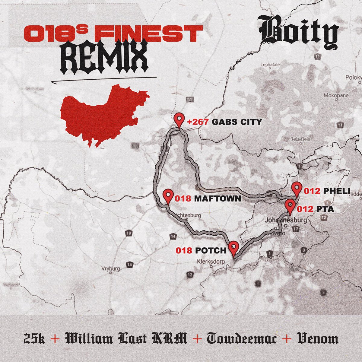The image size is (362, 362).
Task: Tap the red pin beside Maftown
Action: click(168, 196)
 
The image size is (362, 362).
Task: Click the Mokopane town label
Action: click(336, 95)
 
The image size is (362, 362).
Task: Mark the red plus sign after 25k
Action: click(55, 339)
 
